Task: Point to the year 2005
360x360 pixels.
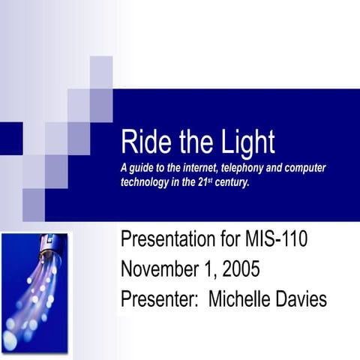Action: coord(250,271)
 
